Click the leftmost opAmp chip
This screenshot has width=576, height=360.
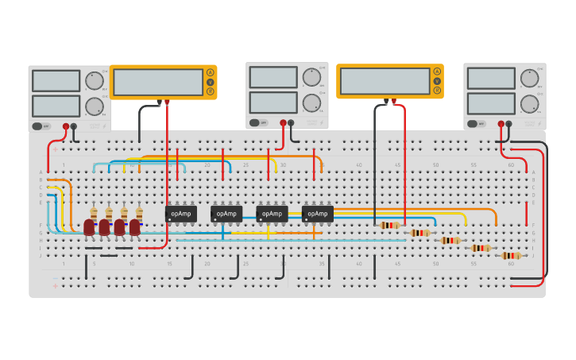pyautogui.click(x=181, y=214)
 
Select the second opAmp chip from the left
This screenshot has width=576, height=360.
pyautogui.click(x=226, y=214)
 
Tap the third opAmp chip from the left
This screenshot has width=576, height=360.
pyautogui.click(x=272, y=214)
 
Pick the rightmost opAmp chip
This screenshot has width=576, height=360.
pyautogui.click(x=317, y=214)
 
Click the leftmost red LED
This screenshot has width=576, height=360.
pyautogui.click(x=89, y=227)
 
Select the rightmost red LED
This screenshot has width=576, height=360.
pyautogui.click(x=135, y=227)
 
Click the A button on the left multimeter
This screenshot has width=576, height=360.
pyautogui.click(x=211, y=72)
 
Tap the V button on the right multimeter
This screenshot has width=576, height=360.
pyautogui.click(x=436, y=80)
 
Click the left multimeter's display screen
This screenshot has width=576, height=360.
pyautogui.click(x=157, y=82)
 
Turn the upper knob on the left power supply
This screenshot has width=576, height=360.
pyautogui.click(x=94, y=80)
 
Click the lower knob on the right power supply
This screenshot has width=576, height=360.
pyautogui.click(x=529, y=103)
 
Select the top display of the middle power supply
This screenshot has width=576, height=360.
pyautogui.click(x=273, y=77)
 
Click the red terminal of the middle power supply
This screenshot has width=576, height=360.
pyautogui.click(x=283, y=122)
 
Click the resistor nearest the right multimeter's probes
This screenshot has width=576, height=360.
pyautogui.click(x=389, y=225)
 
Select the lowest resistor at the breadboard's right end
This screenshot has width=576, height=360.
pyautogui.click(x=510, y=255)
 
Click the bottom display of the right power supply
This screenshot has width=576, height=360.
pyautogui.click(x=491, y=103)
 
